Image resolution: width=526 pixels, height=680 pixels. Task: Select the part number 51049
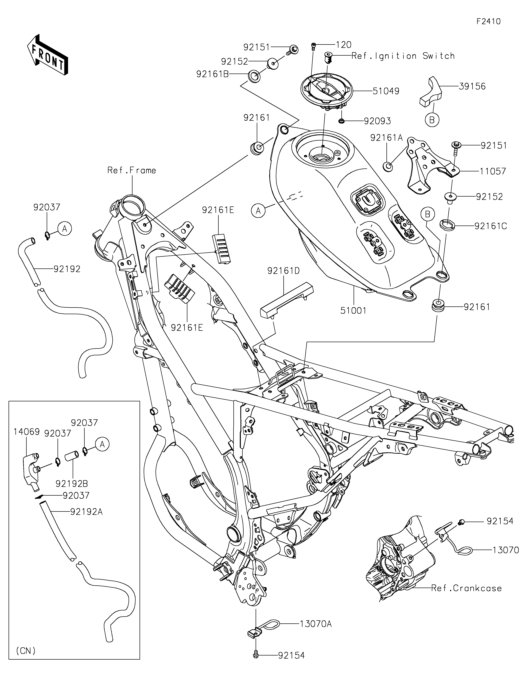coord(386,91)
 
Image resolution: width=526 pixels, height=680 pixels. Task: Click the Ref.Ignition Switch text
coord(403,56)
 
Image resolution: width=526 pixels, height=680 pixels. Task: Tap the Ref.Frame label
coord(131,170)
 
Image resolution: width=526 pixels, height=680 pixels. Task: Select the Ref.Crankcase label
coord(466,588)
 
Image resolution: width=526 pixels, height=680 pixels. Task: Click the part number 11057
coord(493,171)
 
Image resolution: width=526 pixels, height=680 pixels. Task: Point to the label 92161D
coord(283,271)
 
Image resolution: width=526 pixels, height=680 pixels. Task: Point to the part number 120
coord(344,45)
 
